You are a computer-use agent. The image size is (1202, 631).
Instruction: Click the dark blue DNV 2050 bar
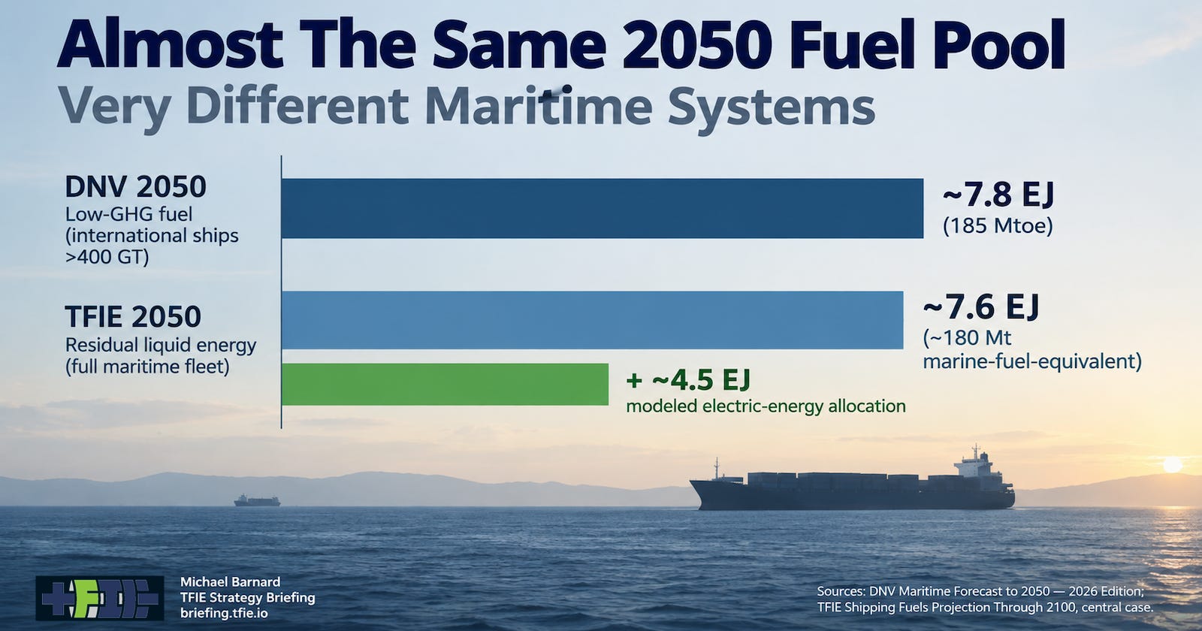click(x=602, y=208)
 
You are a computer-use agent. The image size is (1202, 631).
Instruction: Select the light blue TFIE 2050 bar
click(x=593, y=320)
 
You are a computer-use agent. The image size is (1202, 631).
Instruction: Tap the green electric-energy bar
click(x=445, y=384)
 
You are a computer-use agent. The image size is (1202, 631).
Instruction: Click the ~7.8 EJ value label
click(x=998, y=195)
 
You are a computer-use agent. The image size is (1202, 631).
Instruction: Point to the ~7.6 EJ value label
click(x=981, y=307)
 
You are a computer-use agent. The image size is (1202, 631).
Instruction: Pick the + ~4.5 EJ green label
click(x=688, y=380)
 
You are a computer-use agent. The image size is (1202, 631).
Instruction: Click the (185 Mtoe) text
click(x=998, y=225)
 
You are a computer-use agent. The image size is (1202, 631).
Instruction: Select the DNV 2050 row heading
click(x=135, y=187)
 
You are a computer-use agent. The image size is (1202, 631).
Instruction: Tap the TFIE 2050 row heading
click(x=132, y=316)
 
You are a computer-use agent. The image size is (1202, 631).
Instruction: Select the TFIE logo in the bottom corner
click(x=100, y=598)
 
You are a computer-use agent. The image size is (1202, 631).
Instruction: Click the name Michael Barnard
click(x=230, y=581)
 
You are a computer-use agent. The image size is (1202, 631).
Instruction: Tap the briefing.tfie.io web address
click(x=224, y=613)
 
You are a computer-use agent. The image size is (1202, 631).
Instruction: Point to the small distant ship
click(x=257, y=500)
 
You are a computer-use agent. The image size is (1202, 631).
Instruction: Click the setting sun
click(x=1173, y=464)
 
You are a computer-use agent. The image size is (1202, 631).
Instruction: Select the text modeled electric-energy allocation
click(x=766, y=406)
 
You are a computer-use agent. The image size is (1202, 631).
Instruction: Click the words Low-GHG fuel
click(x=128, y=214)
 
